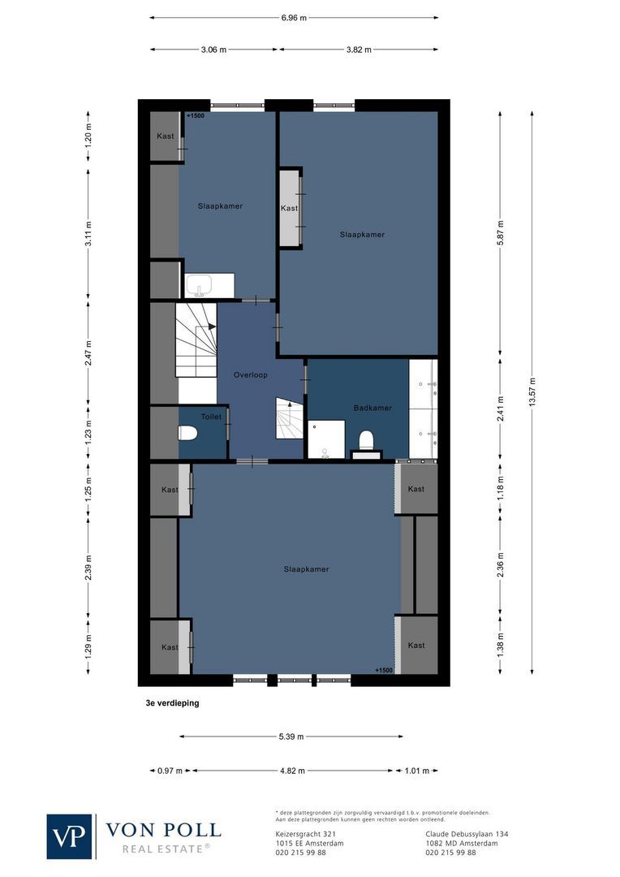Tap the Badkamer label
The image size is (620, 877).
[x=372, y=408]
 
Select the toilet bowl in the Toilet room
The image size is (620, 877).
[x=188, y=432]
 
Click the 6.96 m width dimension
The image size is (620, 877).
[x=294, y=17]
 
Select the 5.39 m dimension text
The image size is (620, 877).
[x=290, y=737]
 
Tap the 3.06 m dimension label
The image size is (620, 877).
[x=213, y=50]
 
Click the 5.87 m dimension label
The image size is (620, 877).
[x=501, y=235]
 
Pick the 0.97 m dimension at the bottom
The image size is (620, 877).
[x=170, y=771]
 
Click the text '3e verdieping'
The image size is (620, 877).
[x=167, y=704]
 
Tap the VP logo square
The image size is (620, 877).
[x=70, y=836]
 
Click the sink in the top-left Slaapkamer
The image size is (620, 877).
[x=200, y=286]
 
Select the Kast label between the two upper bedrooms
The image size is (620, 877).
[x=289, y=209]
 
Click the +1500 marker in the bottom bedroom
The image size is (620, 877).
[x=384, y=670]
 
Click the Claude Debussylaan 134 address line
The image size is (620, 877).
[x=467, y=834]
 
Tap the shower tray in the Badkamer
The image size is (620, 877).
[x=325, y=440]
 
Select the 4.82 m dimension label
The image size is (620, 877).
[x=293, y=771]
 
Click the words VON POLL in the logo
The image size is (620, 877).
[x=163, y=830]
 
